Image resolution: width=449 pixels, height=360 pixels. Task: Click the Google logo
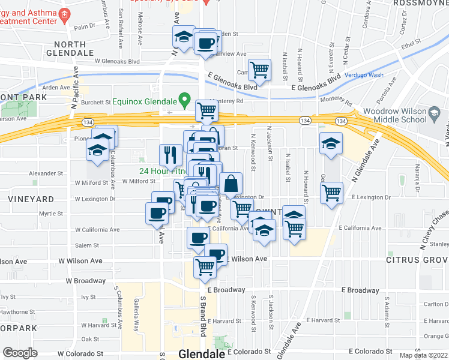[x=20, y=353]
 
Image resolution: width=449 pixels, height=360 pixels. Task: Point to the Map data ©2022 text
[x=423, y=355]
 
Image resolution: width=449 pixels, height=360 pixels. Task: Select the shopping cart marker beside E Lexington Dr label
[x=332, y=193]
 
